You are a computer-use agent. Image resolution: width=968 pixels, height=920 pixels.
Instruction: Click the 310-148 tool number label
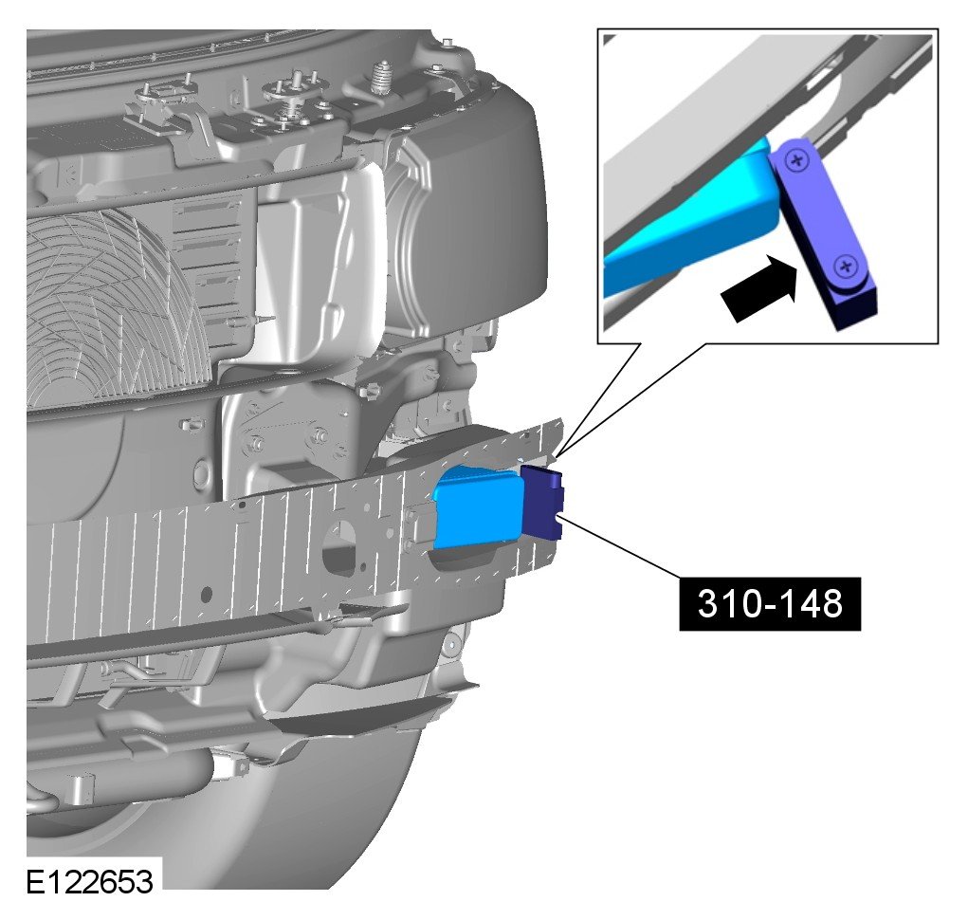pos(769,603)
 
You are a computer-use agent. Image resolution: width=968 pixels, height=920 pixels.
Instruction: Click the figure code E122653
pos(89,881)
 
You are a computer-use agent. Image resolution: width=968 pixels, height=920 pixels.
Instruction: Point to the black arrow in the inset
pos(759,287)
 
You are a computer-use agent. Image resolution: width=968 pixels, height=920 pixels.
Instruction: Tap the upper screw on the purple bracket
pos(797,160)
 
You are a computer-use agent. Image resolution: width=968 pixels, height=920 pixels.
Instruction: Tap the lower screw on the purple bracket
pos(846,268)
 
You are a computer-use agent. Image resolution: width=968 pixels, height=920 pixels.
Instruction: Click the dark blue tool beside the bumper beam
pos(542,502)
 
